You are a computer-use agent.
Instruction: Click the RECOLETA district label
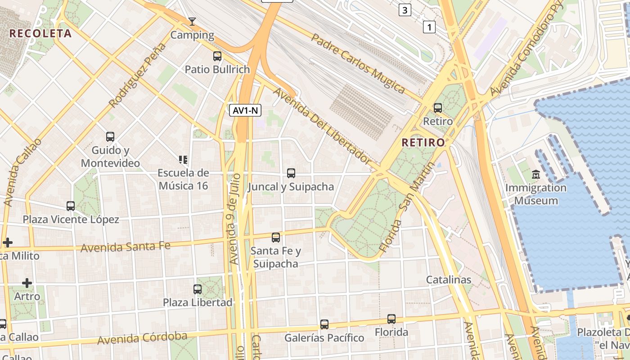40,33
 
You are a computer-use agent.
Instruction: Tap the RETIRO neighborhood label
423,143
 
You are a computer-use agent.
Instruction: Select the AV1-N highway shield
245,110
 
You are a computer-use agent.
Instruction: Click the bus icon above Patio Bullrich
217,56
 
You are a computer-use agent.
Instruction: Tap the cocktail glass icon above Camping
192,22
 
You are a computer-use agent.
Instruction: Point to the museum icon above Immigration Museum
535,174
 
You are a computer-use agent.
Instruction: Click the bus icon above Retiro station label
437,108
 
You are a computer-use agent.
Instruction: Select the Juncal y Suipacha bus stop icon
291,173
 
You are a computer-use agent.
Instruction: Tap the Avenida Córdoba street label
142,338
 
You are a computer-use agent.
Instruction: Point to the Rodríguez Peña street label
137,75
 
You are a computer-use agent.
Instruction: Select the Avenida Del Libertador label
322,126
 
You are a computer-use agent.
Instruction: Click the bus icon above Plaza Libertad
198,289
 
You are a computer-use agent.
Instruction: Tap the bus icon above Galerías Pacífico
324,324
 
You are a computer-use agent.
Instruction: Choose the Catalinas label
449,279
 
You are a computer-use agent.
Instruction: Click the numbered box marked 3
405,10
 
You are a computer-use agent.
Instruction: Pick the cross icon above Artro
27,283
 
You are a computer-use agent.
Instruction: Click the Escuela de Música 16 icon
183,160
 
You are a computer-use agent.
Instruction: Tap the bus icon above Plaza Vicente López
71,206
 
